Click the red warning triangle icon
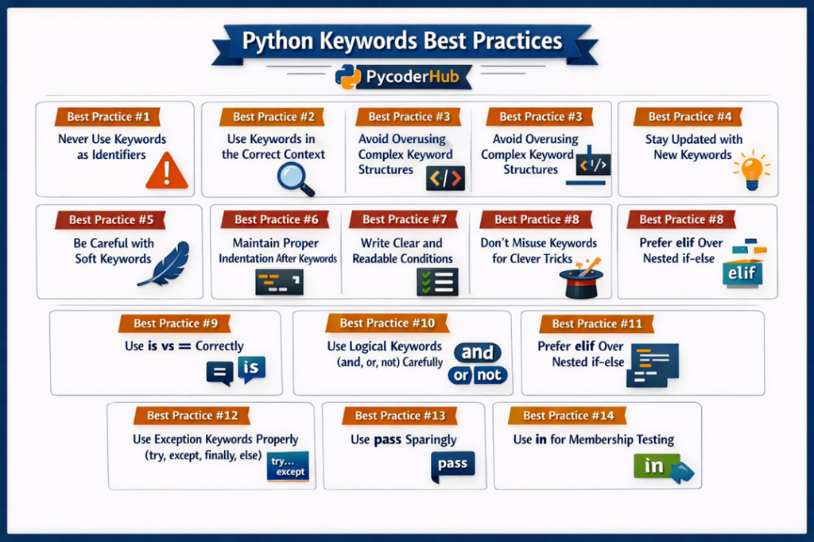pos(167,172)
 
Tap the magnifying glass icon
pos(295,178)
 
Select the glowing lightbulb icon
pos(750,170)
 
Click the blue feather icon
pos(165,264)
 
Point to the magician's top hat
pos(582,280)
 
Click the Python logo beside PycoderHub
pos(348,77)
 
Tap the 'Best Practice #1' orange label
pos(108,117)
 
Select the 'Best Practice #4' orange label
pos(689,117)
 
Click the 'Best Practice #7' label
pos(405,219)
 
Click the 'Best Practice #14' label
pos(568,415)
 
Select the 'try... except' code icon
pos(287,467)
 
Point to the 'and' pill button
pos(478,353)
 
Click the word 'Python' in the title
pos(275,41)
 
